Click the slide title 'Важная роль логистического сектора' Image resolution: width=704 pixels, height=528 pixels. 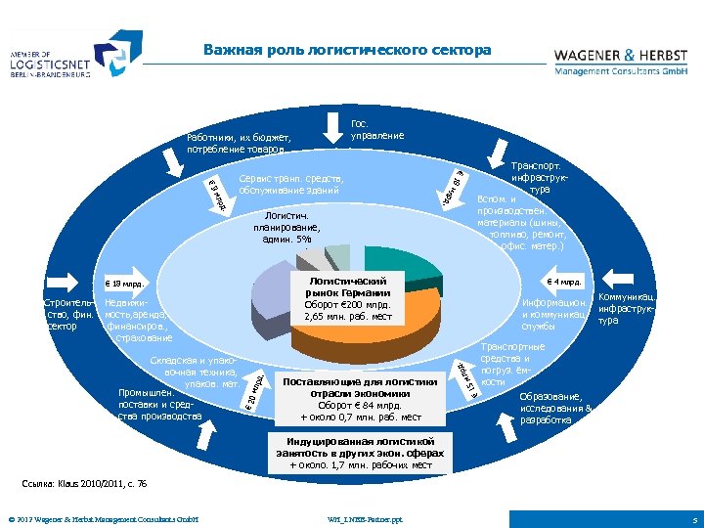[347, 50]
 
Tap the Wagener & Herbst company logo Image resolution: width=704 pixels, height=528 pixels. [621, 61]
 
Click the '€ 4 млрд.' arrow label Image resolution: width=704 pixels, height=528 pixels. [565, 283]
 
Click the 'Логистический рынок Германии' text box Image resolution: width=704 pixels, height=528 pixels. [347, 299]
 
